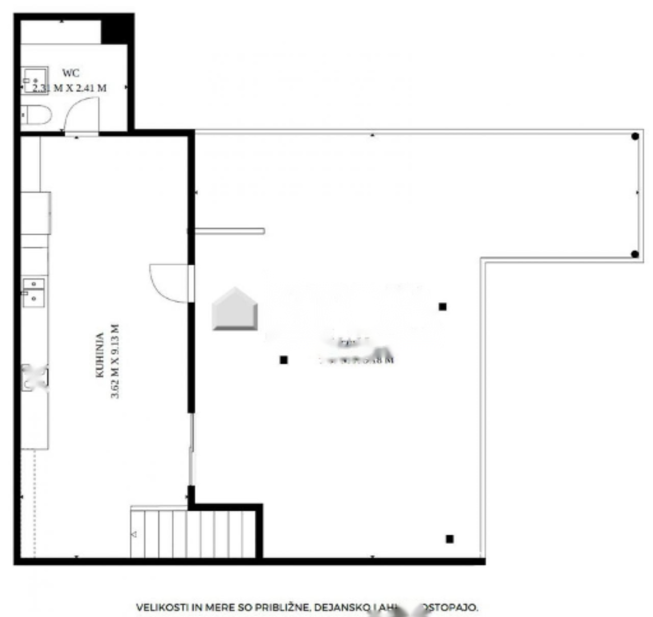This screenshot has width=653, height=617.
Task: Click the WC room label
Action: [70, 73]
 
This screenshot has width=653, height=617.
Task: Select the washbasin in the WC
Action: [34, 80]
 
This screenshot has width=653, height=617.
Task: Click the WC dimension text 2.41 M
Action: [91, 88]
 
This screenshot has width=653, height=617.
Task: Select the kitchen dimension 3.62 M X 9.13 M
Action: [115, 361]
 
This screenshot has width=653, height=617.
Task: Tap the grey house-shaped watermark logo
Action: [235, 310]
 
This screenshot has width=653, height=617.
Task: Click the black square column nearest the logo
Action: [284, 360]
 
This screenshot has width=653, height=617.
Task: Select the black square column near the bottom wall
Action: [449, 539]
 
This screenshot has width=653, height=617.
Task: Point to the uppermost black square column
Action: [443, 307]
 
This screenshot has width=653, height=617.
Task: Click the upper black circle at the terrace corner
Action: [635, 136]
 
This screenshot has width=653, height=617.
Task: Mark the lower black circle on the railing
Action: [635, 254]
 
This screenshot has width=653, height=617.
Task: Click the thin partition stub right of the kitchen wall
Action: [230, 231]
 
